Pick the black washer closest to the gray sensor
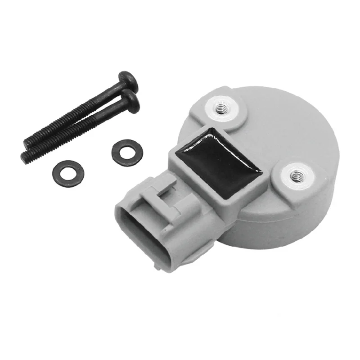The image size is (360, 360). click(x=127, y=151)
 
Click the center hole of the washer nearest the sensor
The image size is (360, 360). click(x=127, y=151)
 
